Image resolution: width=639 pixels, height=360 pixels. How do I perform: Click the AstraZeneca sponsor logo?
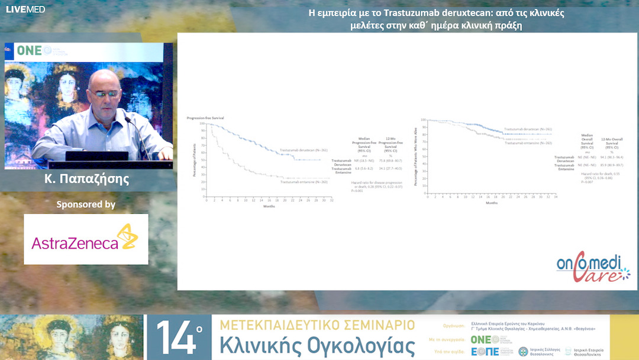tap(85, 239)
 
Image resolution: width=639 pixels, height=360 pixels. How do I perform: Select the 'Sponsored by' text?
tap(86, 204)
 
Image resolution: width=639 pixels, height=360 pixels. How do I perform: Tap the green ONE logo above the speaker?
tap(30, 50)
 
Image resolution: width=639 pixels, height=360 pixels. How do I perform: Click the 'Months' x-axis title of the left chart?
tap(269, 206)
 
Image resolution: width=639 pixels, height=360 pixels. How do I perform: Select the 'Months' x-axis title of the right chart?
tap(491, 202)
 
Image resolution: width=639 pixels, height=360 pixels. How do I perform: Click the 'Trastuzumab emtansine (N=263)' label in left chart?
tap(304, 182)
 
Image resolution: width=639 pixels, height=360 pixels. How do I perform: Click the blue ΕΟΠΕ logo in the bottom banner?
tap(485, 352)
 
